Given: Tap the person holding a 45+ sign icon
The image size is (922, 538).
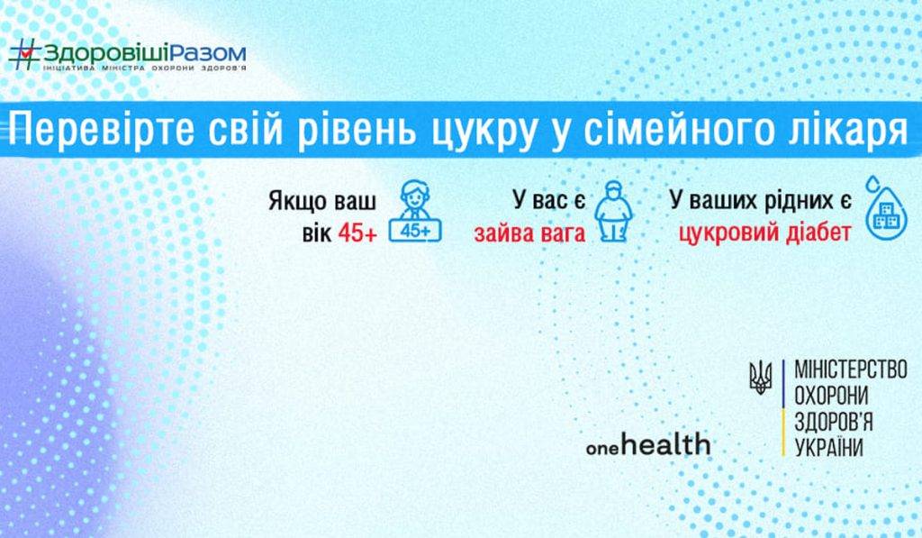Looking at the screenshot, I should (414, 214).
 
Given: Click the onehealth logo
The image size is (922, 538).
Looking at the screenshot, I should (647, 444).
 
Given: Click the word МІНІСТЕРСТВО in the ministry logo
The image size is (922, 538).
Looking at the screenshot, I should (850, 369).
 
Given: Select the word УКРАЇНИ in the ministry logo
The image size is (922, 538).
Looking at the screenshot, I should (828, 447).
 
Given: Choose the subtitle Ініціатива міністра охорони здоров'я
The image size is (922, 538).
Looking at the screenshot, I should (144, 69).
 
